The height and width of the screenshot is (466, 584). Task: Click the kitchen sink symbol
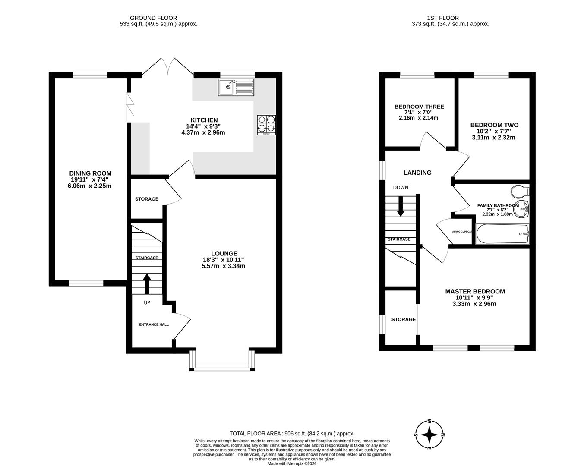[x=236, y=87]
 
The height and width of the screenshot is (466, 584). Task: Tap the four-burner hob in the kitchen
[x=266, y=125]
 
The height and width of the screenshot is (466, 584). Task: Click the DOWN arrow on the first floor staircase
[x=401, y=206]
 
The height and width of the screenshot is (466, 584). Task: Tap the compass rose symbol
[x=429, y=435]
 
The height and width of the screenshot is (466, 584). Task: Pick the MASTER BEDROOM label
[x=475, y=291]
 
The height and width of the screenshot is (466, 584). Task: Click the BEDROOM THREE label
[x=419, y=107]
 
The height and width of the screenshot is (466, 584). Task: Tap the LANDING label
[x=417, y=173]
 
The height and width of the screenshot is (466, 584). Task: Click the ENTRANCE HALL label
[x=154, y=324]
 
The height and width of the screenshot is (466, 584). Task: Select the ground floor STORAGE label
[x=146, y=199]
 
